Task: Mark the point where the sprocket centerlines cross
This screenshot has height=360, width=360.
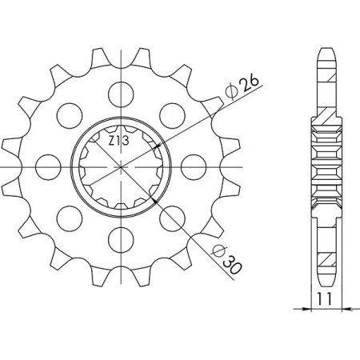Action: pyautogui.click(x=122, y=166)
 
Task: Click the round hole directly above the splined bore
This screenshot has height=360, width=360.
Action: pyautogui.click(x=122, y=90)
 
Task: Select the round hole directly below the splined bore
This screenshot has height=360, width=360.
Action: pyautogui.click(x=122, y=237)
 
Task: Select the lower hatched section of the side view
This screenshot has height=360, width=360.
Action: pyautogui.click(x=326, y=254)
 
